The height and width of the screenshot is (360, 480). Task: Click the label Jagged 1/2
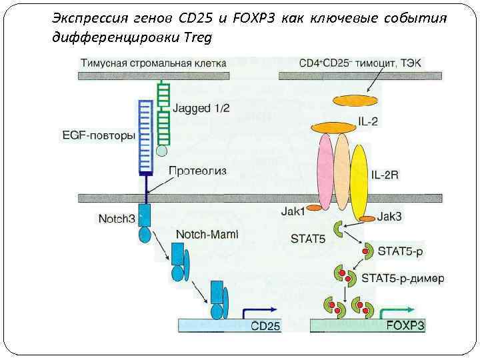tap(201, 108)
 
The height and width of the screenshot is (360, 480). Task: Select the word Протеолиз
tap(198, 171)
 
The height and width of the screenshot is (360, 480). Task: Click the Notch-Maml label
tap(207, 235)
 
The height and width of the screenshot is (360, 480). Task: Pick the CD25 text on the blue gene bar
tap(265, 327)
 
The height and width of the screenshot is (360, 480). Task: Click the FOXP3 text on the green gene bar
tap(405, 326)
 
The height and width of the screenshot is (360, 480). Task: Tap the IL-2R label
tap(386, 175)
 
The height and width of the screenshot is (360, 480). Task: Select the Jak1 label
tap(293, 213)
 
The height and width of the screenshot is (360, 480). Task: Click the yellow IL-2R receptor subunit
tap(359, 177)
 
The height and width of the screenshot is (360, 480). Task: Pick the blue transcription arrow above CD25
tap(261, 312)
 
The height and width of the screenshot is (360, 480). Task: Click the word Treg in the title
tap(197, 37)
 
